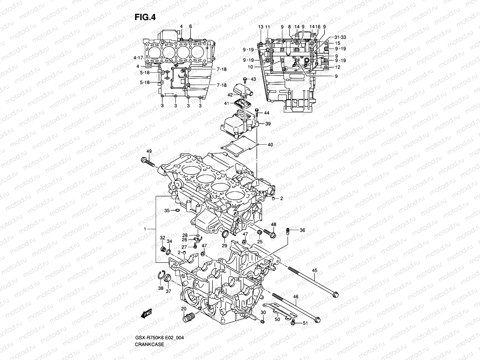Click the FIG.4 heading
[145, 17]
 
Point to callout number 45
[314, 271]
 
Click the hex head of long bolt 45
[336, 295]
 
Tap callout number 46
[296, 296]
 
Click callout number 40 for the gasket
[270, 145]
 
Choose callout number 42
[230, 95]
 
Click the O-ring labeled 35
[177, 211]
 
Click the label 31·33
[340, 37]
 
